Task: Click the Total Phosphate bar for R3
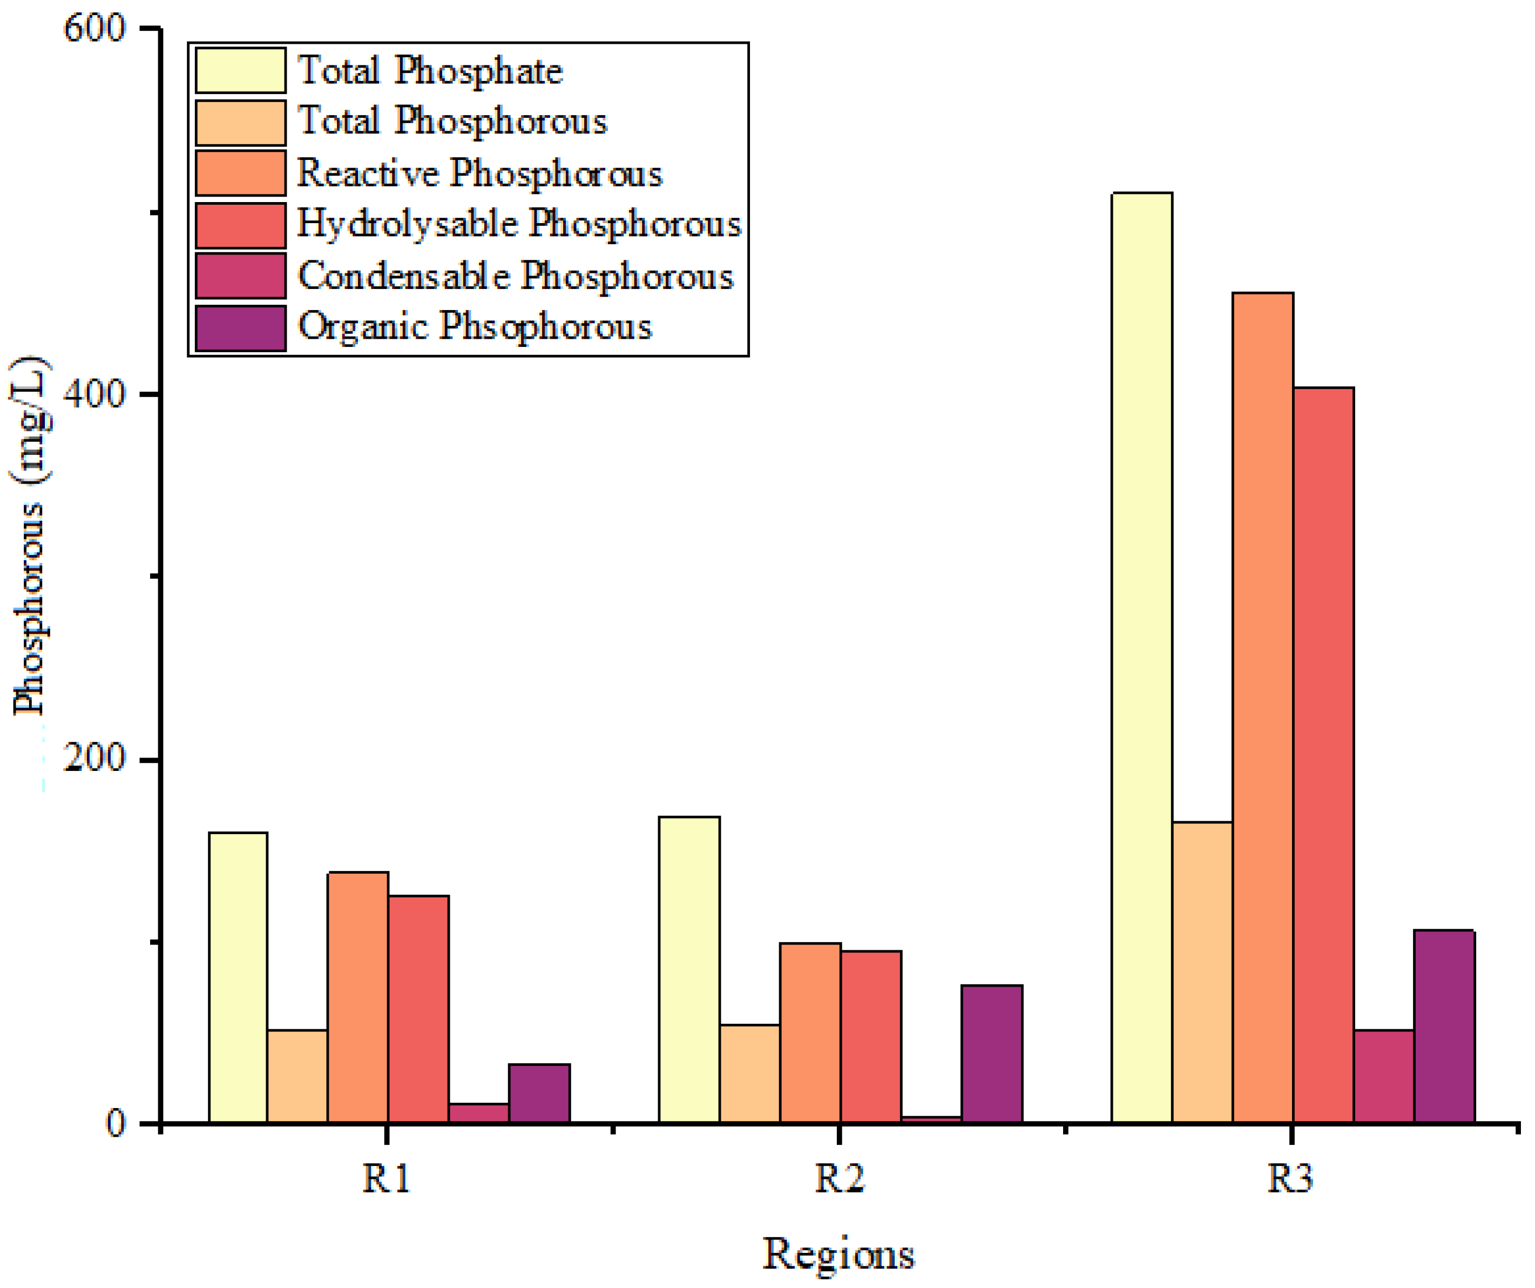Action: click(1142, 658)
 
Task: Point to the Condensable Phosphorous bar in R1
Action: click(479, 1113)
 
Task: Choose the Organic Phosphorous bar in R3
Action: click(1444, 1027)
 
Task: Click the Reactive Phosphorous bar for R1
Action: click(358, 998)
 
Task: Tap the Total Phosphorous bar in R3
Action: click(1202, 973)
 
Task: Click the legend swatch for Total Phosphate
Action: click(240, 71)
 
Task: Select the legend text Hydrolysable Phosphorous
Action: click(519, 224)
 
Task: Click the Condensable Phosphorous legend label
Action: click(515, 276)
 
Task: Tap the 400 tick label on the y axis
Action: click(95, 395)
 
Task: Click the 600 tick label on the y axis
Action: click(95, 29)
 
